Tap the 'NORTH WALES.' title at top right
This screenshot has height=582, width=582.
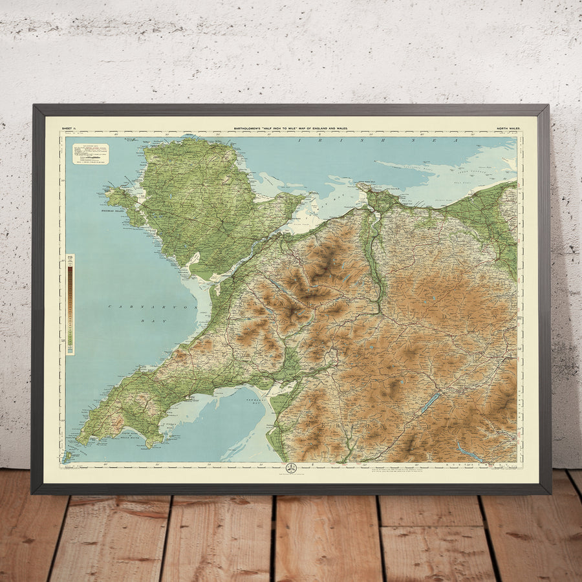[x=508, y=129]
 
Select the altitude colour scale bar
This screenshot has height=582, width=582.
[x=70, y=304]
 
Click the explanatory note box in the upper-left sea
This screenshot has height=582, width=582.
[x=91, y=153]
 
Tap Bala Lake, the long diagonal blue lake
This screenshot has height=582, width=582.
[x=429, y=403]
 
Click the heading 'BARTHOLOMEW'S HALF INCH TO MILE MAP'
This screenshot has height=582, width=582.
[x=290, y=129]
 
